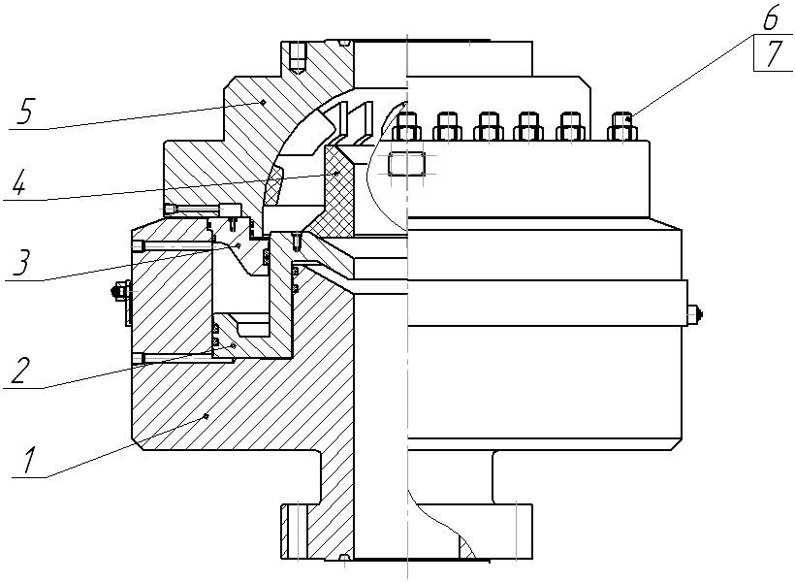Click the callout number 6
click(x=770, y=18)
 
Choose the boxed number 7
click(x=773, y=54)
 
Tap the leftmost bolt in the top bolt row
click(x=408, y=126)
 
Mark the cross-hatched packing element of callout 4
click(x=340, y=189)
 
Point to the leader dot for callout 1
click(x=207, y=416)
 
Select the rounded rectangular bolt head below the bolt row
click(x=404, y=164)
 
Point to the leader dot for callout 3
click(x=237, y=245)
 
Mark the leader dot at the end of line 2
click(x=232, y=345)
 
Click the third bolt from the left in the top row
click(x=489, y=126)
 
